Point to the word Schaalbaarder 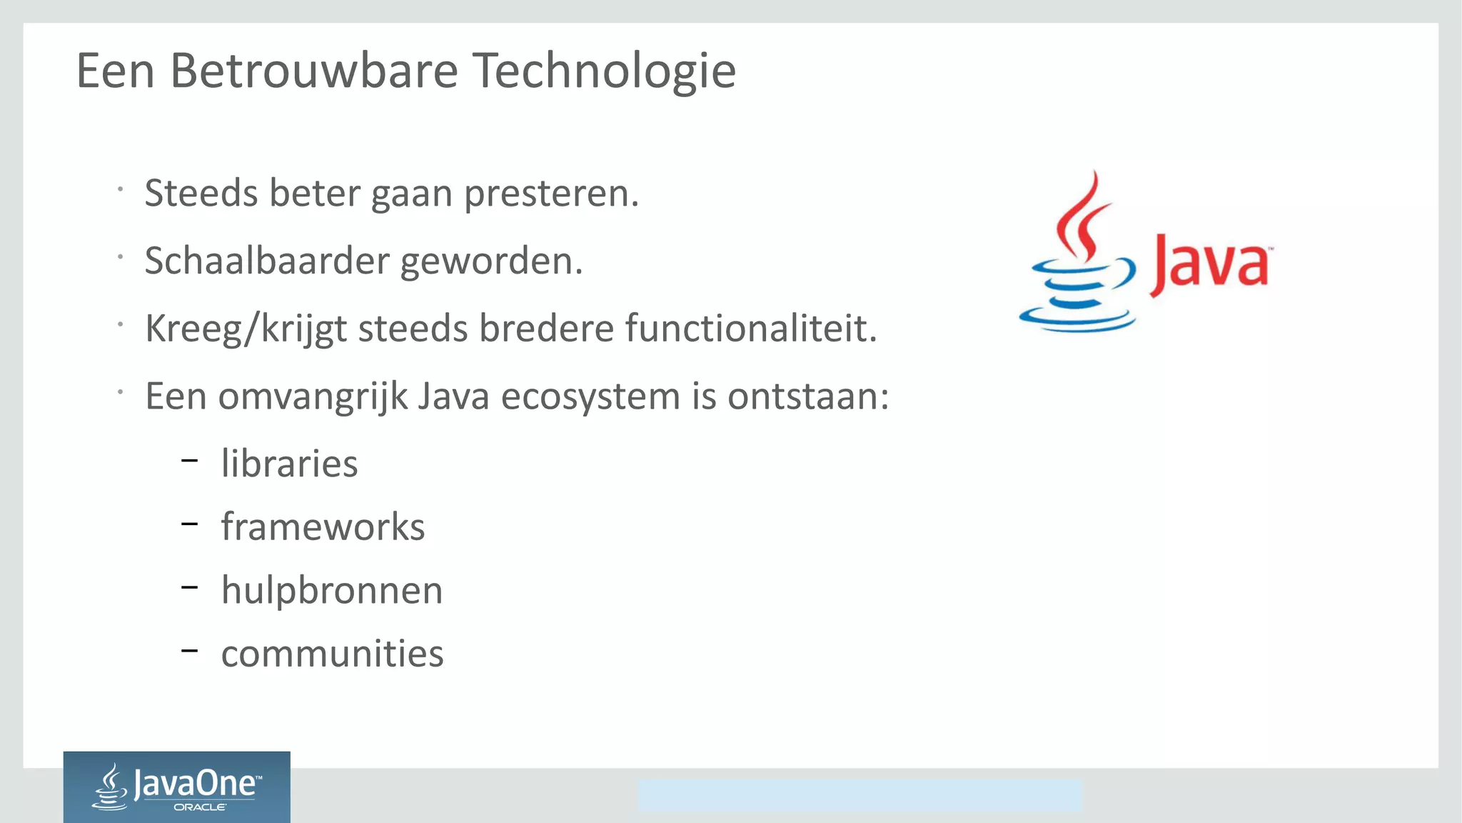click(266, 261)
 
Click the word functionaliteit click(750, 329)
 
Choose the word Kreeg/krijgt click(246, 330)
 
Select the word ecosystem click(590, 396)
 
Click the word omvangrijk click(313, 398)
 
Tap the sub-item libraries click(289, 464)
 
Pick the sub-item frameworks click(323, 527)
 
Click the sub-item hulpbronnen click(332, 591)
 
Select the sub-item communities click(332, 654)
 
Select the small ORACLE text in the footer click(200, 807)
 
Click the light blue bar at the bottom click(859, 795)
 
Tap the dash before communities click(189, 651)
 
